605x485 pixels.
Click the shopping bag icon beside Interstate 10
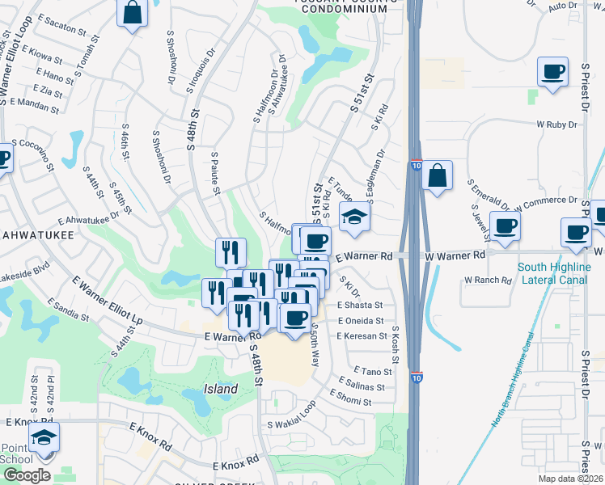point(436,175)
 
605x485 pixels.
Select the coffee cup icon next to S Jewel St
point(506,227)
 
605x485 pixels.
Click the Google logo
point(26,476)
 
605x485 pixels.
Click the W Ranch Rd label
point(488,280)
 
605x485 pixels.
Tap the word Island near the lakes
point(220,389)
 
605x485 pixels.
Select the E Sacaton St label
point(61,27)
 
